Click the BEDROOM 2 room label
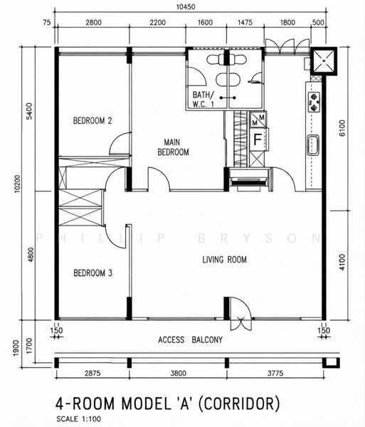pos(92,120)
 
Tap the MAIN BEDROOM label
pos(173,147)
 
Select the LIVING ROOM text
pos(225,260)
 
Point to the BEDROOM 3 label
pos(92,273)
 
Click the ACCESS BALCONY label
pos(190,340)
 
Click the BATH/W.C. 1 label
pos(203,99)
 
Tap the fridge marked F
pos(258,139)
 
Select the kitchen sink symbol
pos(313,145)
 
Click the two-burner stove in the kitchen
pos(314,102)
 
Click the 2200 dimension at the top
pos(157,22)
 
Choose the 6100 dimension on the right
pos(342,128)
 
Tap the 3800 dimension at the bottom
pos(179,373)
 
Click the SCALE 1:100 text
pos(79,419)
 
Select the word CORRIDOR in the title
pos(238,404)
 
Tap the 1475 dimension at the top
pos(245,22)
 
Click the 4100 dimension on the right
pos(342,262)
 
